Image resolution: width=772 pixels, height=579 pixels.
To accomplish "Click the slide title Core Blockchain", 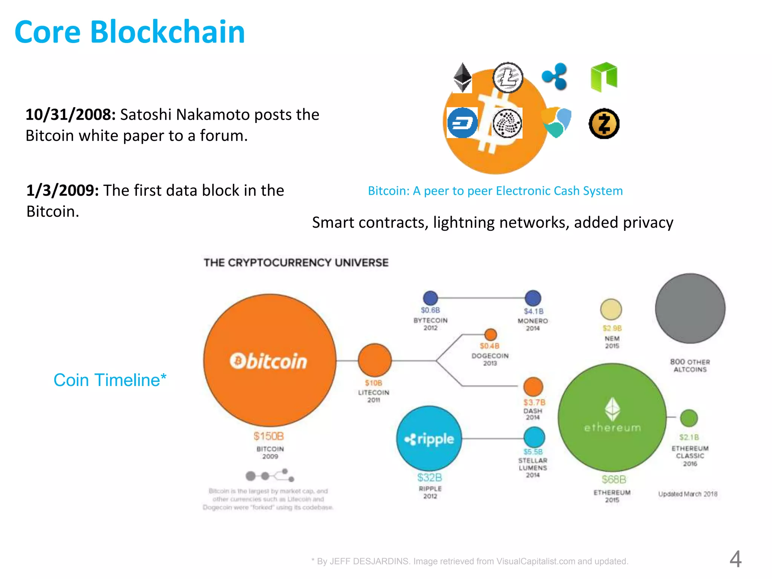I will [130, 32].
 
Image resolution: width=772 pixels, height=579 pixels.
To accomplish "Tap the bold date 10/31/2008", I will [70, 115].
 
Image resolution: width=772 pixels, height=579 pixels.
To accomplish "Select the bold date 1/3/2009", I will [63, 190].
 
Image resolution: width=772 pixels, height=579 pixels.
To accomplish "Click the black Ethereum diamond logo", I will [462, 77].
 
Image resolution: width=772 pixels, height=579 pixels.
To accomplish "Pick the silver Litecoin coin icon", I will [508, 77].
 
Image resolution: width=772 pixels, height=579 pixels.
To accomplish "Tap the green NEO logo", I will [604, 77].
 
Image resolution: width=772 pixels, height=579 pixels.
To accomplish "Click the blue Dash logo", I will [462, 123].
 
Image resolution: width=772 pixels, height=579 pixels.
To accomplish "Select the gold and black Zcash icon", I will [604, 124].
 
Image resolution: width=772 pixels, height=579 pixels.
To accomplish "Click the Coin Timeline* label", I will [110, 380].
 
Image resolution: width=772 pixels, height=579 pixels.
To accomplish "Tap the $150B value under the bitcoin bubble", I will [269, 436].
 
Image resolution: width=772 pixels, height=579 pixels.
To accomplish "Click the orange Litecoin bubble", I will [374, 360].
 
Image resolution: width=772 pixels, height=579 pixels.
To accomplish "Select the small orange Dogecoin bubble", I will [490, 334].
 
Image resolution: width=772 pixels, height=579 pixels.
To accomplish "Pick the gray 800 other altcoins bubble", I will [690, 308].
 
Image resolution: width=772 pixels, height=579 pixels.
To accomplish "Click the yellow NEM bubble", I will [611, 309].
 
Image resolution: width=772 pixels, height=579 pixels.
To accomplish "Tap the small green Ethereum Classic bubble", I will [689, 418].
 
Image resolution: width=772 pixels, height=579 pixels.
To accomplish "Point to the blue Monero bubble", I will [533, 298].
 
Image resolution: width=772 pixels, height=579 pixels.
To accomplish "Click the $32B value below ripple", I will [430, 478].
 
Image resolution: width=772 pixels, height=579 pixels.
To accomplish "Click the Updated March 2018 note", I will [688, 494].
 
